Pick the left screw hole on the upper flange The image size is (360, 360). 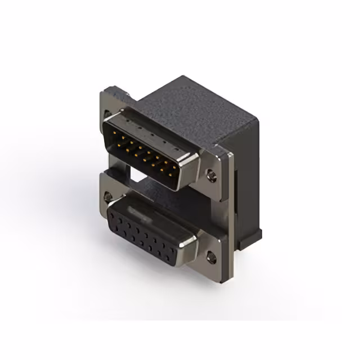(107, 115)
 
